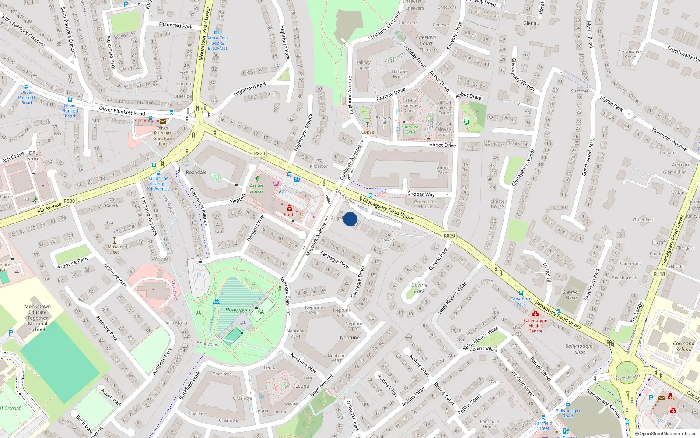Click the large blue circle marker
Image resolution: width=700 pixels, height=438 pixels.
(x=350, y=219)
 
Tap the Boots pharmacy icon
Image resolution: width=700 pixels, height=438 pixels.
(x=289, y=208)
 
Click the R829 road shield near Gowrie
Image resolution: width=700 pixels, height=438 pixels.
(x=449, y=236)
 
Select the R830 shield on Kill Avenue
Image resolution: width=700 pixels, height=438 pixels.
(x=69, y=201)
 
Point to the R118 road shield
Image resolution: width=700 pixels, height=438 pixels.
(x=659, y=274)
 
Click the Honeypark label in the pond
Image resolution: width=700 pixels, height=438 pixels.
(x=238, y=310)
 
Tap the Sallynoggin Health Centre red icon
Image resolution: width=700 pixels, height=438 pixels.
(x=535, y=314)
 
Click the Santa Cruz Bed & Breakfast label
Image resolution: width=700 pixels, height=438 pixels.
(x=217, y=43)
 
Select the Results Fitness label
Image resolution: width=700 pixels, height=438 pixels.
(x=257, y=189)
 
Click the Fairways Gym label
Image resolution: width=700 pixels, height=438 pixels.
(x=410, y=129)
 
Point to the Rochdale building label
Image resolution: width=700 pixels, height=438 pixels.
(x=196, y=172)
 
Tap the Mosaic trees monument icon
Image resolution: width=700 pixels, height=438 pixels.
(x=115, y=240)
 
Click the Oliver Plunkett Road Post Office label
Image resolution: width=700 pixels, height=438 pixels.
(x=162, y=136)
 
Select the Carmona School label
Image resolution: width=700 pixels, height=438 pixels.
(x=683, y=346)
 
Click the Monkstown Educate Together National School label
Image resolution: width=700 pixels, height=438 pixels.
(x=38, y=318)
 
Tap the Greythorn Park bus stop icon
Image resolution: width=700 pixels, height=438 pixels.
(x=521, y=293)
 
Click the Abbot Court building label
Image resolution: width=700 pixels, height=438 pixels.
(x=443, y=170)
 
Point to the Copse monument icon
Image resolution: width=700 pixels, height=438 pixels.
(x=367, y=125)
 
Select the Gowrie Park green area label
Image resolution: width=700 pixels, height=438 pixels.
(x=419, y=288)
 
